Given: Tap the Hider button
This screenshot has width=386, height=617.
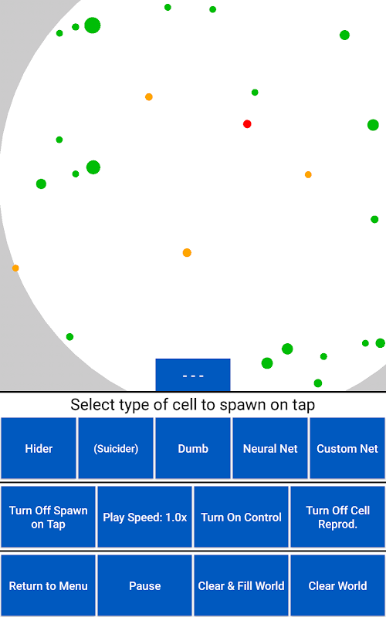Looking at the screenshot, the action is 39,449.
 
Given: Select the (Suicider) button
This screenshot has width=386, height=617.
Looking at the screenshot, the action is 116,449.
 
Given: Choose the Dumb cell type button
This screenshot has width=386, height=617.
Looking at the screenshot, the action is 193,449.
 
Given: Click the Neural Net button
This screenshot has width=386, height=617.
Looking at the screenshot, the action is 270,449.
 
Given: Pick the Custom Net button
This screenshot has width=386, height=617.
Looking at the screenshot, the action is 347,449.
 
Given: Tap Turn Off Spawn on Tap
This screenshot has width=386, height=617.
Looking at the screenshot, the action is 48,517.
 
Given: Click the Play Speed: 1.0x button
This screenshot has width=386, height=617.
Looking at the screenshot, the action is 144,517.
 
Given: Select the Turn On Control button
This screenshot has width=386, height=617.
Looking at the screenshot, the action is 241,517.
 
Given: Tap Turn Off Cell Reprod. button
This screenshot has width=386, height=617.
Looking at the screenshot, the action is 337,517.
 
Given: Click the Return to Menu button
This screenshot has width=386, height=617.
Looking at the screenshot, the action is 48,585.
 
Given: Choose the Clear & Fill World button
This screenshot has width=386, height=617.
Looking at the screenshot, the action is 241,585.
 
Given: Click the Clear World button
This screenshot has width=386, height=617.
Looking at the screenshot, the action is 337,585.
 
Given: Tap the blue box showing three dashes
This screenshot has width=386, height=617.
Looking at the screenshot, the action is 193,375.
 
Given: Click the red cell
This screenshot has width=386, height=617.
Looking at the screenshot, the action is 247,124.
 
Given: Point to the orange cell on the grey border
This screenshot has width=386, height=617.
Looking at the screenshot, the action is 15,268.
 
